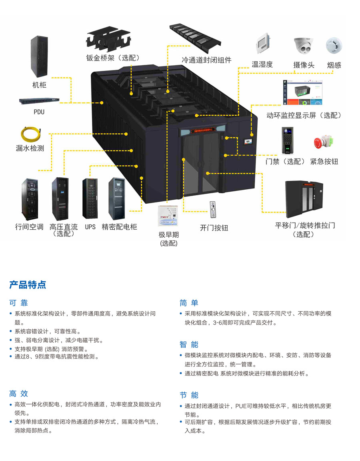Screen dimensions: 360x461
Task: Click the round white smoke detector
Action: click(334, 46)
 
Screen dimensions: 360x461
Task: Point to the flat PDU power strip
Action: click(39, 101)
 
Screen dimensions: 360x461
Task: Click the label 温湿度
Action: click(262, 64)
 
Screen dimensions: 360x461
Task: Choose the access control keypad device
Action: click(288, 140)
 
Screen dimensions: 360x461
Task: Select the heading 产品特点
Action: click(28, 285)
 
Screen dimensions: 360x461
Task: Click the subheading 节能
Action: click(189, 395)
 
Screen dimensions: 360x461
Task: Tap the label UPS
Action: click(90, 226)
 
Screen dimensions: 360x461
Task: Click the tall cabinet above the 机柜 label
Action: click(39, 56)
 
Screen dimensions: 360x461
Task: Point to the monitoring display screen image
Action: click(303, 92)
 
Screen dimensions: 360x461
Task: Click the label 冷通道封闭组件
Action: click(206, 60)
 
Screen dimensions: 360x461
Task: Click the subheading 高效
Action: click(18, 393)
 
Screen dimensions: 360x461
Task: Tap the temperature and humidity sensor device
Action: click(263, 44)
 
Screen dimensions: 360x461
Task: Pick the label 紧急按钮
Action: click(324, 161)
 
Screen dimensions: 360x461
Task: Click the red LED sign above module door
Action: click(203, 130)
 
